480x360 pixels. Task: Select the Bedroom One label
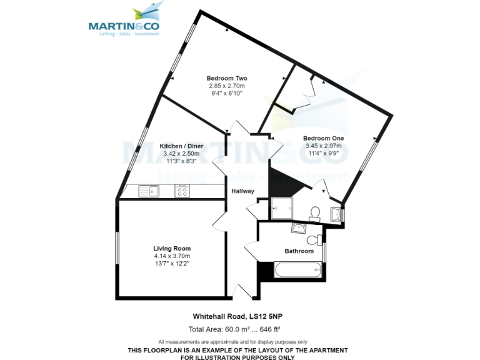323,138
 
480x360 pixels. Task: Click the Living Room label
172,248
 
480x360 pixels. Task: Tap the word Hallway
243,191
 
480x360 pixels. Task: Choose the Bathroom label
299,251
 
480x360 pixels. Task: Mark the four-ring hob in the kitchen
182,192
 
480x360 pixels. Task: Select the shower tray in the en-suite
281,209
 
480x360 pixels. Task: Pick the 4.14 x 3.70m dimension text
172,256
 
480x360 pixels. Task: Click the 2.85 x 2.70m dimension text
227,86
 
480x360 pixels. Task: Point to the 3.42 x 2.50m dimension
181,154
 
